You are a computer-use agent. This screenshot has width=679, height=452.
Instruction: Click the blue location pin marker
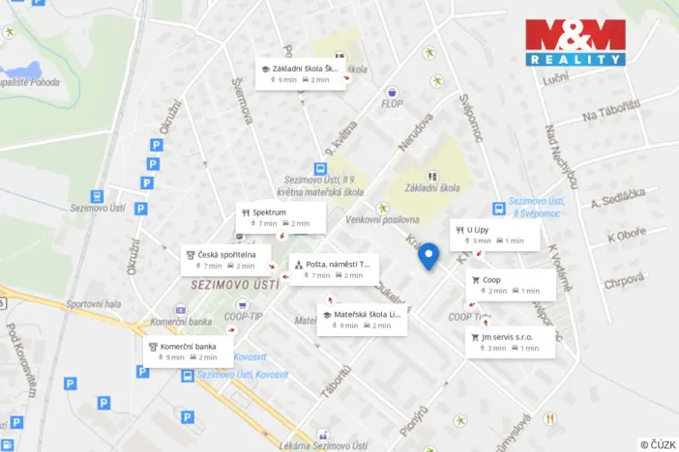428,256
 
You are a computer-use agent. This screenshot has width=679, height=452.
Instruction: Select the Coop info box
511,285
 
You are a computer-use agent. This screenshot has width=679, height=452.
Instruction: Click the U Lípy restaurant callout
493,235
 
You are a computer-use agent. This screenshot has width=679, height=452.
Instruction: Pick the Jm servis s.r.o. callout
510,342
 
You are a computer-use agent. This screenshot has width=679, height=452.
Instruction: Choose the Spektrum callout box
280,217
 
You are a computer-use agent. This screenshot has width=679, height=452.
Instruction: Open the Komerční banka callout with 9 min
188,352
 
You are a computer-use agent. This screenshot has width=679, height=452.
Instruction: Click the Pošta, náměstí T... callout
333,268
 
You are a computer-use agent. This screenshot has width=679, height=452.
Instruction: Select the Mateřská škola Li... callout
362,320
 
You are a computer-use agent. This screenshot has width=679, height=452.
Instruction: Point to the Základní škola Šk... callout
300,74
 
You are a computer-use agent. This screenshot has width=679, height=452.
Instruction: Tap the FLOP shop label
392,103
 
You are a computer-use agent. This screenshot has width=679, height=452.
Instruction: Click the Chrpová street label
624,284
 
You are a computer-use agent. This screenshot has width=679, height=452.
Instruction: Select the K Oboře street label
625,237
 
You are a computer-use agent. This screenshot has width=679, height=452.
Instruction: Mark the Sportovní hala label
95,304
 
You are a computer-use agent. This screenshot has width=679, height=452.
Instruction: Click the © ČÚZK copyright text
658,444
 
